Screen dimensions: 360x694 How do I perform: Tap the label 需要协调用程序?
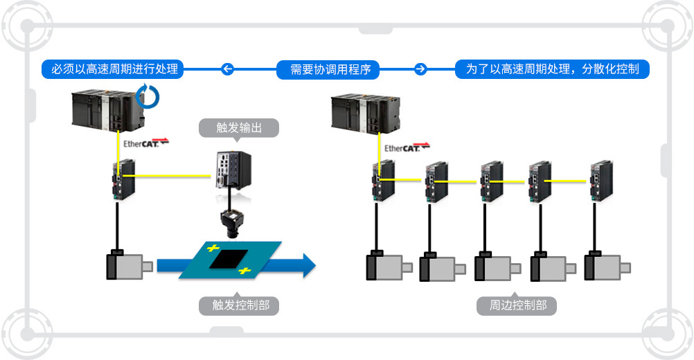pyautogui.click(x=330, y=69)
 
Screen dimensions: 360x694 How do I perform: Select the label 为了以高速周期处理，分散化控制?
pyautogui.click(x=552, y=69)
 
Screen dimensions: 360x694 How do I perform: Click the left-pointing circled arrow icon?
pyautogui.click(x=226, y=69)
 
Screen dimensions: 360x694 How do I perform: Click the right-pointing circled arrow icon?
pyautogui.click(x=420, y=69)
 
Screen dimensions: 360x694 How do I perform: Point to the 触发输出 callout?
pyautogui.click(x=240, y=128)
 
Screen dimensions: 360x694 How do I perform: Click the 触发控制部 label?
pyautogui.click(x=240, y=305)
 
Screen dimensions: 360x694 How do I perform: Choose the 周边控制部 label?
pyautogui.click(x=517, y=305)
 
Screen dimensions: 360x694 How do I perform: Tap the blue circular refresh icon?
pyautogui.click(x=148, y=96)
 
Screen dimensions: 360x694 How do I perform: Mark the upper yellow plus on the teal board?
pyautogui.click(x=213, y=247)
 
